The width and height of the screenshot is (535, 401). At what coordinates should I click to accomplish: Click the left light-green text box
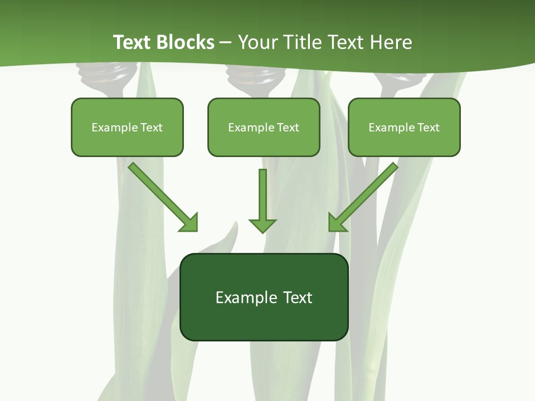(127, 127)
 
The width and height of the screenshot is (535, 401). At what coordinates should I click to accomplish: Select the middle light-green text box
(264, 127)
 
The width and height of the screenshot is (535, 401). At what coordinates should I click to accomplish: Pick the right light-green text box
(404, 127)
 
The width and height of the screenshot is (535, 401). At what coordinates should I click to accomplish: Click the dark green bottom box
(264, 297)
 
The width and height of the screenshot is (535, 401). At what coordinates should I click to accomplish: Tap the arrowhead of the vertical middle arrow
(262, 224)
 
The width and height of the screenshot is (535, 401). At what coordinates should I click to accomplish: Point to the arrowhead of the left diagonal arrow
(189, 223)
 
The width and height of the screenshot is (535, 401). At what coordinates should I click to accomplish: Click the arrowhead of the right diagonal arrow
(337, 222)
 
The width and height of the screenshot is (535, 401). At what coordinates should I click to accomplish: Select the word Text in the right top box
(429, 128)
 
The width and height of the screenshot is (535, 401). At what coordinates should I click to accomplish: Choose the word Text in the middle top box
(288, 128)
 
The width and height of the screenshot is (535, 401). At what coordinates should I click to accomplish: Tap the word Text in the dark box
(297, 297)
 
